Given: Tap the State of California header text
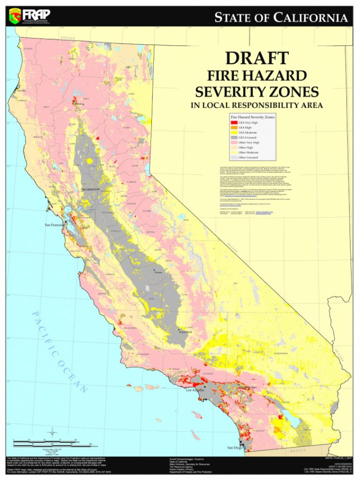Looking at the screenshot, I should (280, 18).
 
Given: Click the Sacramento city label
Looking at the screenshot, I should (87, 189).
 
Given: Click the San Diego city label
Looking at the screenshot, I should (235, 447).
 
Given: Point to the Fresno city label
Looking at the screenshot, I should (158, 272).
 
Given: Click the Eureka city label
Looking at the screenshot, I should (21, 91).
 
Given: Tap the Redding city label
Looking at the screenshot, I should (79, 104).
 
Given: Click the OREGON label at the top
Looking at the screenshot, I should (67, 38).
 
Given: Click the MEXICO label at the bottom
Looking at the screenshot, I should (299, 451).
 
